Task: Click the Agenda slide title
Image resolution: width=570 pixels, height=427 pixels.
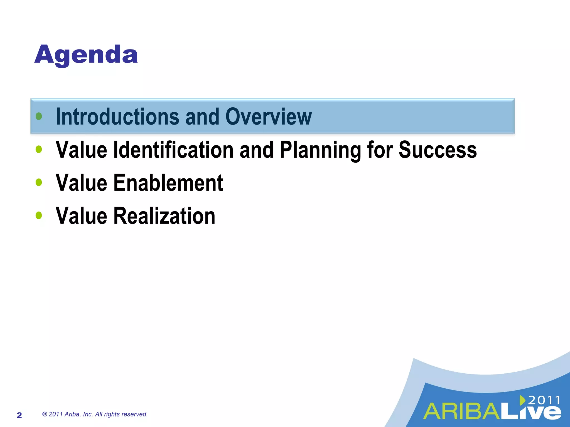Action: click(86, 55)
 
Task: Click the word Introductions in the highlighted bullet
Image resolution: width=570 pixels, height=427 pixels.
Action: click(117, 117)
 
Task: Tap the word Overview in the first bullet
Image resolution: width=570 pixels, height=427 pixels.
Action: click(268, 117)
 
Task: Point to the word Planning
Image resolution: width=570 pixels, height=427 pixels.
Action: click(320, 150)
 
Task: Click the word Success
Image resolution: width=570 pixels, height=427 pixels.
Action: click(438, 150)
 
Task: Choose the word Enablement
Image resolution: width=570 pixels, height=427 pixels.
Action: click(168, 183)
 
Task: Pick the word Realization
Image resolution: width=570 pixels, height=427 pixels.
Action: click(164, 216)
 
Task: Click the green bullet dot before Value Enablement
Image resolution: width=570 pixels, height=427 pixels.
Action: click(39, 182)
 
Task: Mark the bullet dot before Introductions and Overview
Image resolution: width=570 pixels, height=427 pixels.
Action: click(39, 116)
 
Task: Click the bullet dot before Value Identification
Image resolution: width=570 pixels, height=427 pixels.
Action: click(39, 149)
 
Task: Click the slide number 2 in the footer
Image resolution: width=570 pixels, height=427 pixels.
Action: click(19, 415)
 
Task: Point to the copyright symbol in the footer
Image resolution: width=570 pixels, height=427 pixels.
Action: click(45, 414)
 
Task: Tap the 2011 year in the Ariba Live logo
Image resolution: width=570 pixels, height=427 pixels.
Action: click(544, 400)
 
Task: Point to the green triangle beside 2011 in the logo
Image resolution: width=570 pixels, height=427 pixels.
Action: click(522, 400)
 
